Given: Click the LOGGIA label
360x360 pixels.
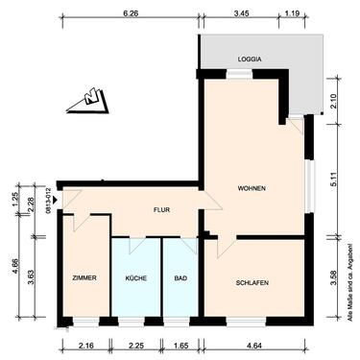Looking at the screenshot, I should tap(250, 59).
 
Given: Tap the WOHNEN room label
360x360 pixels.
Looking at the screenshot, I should tap(252, 188).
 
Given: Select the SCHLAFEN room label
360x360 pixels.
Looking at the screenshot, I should tap(251, 283).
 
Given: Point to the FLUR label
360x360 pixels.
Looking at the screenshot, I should tap(160, 209).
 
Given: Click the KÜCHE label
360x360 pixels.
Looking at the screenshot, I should tap(135, 278).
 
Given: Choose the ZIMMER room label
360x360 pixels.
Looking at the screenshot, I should tap(84, 278).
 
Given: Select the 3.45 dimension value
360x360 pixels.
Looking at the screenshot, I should tap(243, 13).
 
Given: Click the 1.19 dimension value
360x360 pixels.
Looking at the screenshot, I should tap(291, 13).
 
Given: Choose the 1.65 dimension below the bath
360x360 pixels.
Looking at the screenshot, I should tap(180, 346).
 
